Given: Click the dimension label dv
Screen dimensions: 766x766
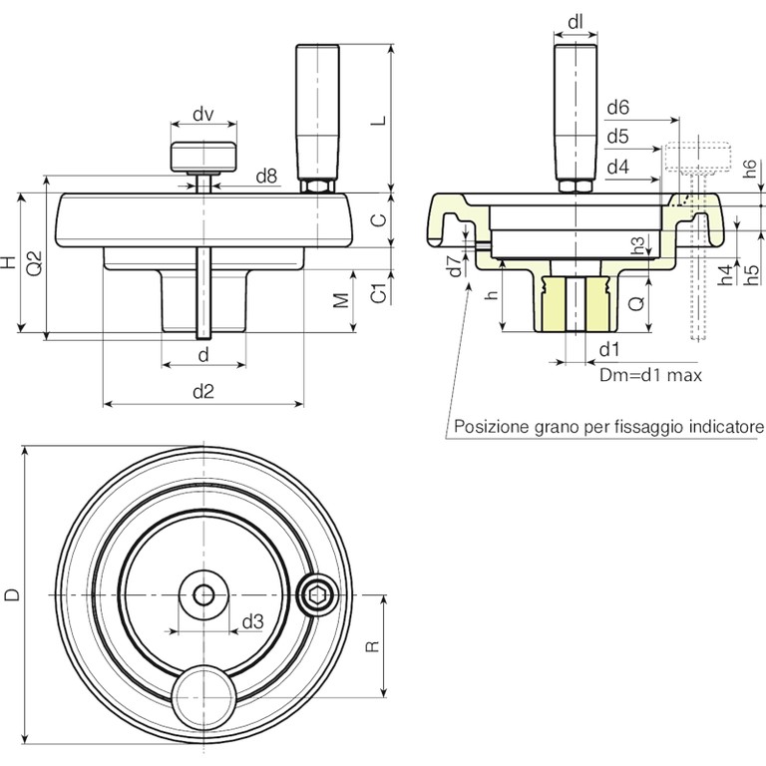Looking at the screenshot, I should pyautogui.click(x=202, y=114).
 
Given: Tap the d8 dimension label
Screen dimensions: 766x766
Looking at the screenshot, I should pyautogui.click(x=265, y=177).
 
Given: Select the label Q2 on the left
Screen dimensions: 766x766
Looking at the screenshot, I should pyautogui.click(x=34, y=262).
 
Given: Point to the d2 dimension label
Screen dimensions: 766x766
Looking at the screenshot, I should pyautogui.click(x=202, y=392).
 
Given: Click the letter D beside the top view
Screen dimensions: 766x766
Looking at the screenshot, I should pyautogui.click(x=12, y=595).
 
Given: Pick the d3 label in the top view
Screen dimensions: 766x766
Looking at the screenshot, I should pyautogui.click(x=252, y=621).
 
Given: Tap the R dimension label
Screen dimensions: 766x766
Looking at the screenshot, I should pyautogui.click(x=372, y=646).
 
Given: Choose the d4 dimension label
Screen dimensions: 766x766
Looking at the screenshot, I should pyautogui.click(x=617, y=166).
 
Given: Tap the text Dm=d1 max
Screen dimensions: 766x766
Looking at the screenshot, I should pyautogui.click(x=650, y=376).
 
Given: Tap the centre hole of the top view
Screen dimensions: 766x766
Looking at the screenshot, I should pyautogui.click(x=203, y=595).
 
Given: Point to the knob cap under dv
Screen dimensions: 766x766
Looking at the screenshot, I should pyautogui.click(x=203, y=156).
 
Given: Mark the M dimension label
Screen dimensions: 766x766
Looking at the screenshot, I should pyautogui.click(x=341, y=300).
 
